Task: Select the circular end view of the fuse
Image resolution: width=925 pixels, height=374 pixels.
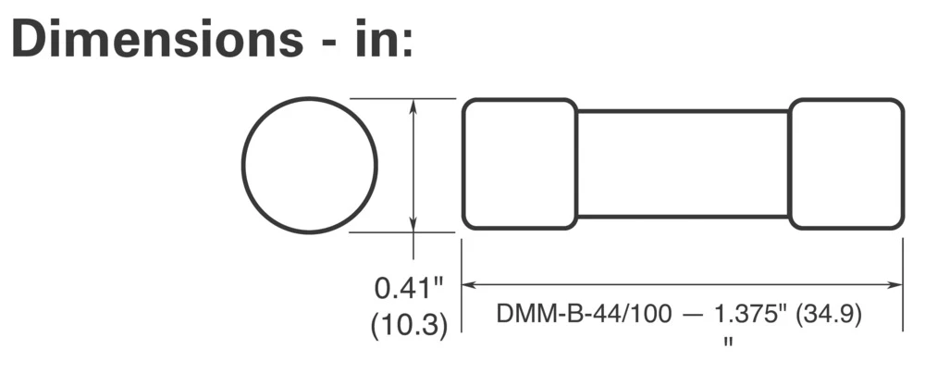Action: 310,165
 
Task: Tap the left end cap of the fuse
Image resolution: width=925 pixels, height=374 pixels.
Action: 519,164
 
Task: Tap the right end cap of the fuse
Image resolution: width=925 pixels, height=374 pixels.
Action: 846,164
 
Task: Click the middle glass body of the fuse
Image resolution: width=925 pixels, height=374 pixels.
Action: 683,164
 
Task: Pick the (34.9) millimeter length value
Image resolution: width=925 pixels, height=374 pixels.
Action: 830,315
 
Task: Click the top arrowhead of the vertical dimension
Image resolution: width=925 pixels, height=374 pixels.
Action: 413,106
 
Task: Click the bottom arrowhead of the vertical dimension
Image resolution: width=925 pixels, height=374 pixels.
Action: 413,225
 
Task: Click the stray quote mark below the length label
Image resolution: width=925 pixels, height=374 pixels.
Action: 728,343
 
